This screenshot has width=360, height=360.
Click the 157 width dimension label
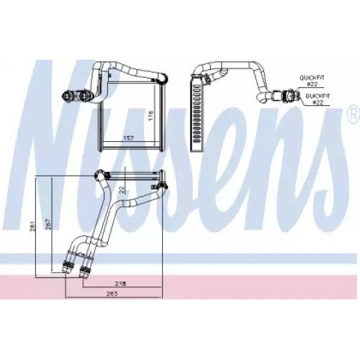pos(128,138)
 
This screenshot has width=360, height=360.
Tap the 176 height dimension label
pos(150,115)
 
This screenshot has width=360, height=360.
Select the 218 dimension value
pos(120,284)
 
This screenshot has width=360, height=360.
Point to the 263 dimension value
pos(112,294)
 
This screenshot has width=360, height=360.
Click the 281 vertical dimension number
pos(33,225)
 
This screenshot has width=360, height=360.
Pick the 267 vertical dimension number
pos(48,224)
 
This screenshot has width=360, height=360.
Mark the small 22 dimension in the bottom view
pos(122,190)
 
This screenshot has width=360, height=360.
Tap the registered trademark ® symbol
pos(354,114)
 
